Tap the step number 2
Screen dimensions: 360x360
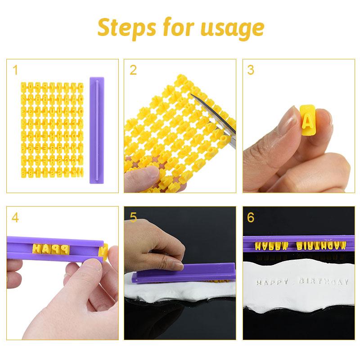133,70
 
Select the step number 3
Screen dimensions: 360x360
251,70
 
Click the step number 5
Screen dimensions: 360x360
133,218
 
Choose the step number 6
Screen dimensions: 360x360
251,218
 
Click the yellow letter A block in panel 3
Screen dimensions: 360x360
308,119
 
